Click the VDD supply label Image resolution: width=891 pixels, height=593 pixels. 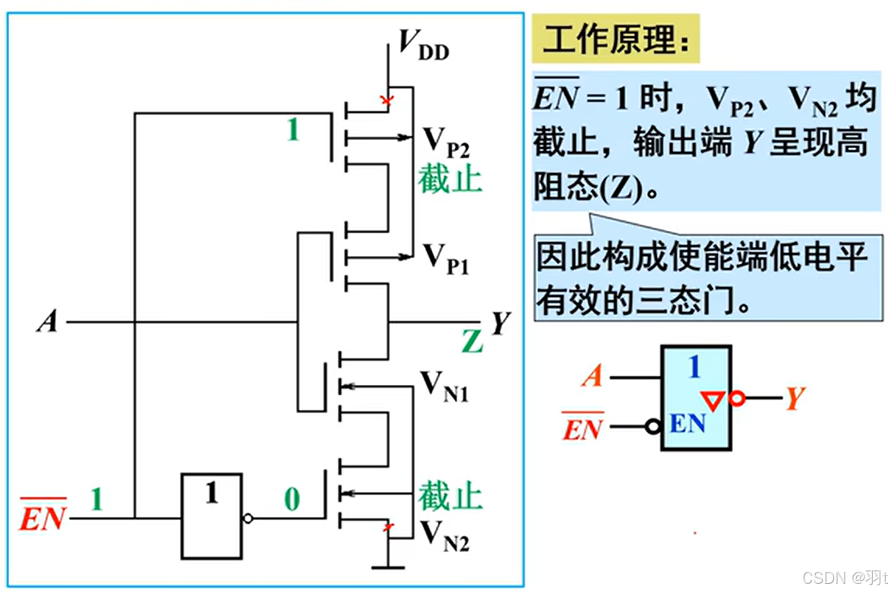[x=423, y=48]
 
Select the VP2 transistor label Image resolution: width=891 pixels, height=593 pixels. [x=445, y=141]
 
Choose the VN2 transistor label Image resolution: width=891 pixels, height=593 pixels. [x=445, y=537]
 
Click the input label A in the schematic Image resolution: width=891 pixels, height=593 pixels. [x=47, y=323]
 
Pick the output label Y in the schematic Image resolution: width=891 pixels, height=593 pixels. [x=499, y=323]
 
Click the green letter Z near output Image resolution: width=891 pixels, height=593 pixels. [x=472, y=343]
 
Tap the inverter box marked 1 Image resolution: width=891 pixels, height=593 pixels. [x=212, y=516]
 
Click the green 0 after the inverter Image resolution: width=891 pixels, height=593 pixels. [x=292, y=500]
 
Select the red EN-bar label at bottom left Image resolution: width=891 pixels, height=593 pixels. [x=43, y=516]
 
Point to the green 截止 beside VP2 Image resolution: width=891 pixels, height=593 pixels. [x=449, y=180]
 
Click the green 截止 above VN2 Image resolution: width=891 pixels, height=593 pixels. [x=450, y=497]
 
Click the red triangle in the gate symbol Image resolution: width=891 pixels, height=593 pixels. [x=713, y=399]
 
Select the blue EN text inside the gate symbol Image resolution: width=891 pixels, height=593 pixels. [x=688, y=424]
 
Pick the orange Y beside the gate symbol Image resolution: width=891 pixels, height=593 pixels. [x=794, y=398]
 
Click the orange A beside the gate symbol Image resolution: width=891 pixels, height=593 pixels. [x=592, y=376]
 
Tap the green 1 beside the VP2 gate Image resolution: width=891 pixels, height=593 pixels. [x=293, y=131]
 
